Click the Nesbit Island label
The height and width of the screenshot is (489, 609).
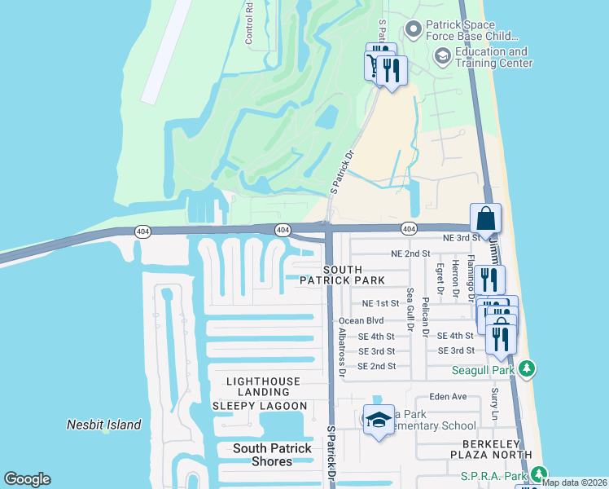coord(103,425)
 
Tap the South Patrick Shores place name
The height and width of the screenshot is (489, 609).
coord(272,455)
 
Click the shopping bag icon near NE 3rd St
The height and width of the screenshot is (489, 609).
coord(485,219)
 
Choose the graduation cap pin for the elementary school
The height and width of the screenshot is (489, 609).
coord(378,421)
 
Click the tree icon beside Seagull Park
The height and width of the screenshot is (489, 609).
coord(527,370)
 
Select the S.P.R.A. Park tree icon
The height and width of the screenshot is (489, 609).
coord(539,475)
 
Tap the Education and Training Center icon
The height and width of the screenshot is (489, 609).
coord(442,55)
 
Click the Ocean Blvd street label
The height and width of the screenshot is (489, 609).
coord(361,321)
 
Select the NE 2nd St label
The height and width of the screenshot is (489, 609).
coord(410,254)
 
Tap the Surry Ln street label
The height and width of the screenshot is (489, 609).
coord(494,404)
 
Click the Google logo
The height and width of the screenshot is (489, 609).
coord(27,479)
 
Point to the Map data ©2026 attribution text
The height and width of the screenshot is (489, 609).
coord(575,482)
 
